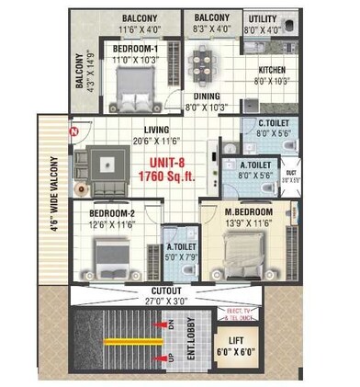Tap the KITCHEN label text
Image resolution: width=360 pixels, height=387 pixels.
tap(275, 70)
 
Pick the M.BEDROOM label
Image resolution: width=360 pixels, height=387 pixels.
tap(254, 211)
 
